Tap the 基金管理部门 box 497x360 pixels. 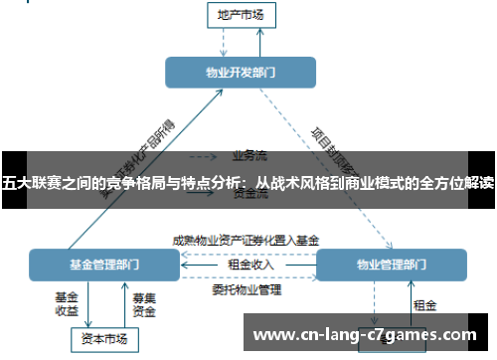click(104, 266)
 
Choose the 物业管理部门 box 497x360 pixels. click(391, 266)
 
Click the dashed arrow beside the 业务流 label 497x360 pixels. click(204, 156)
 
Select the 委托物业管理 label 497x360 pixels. click(246, 290)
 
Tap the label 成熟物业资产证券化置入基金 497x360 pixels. click(246, 240)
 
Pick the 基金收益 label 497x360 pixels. click(67, 303)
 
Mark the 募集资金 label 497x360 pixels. click(145, 303)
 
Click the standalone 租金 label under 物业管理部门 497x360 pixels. click(424, 305)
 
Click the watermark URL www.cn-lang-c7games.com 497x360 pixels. click(366, 335)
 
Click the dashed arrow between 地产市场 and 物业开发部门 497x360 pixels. click(227, 42)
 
